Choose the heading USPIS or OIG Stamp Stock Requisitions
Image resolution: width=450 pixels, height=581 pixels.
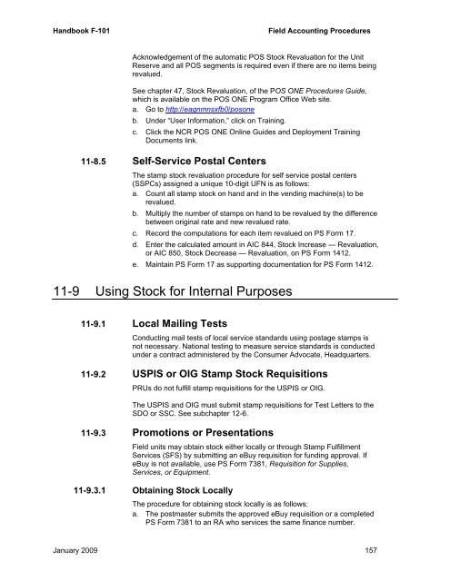[241, 372]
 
